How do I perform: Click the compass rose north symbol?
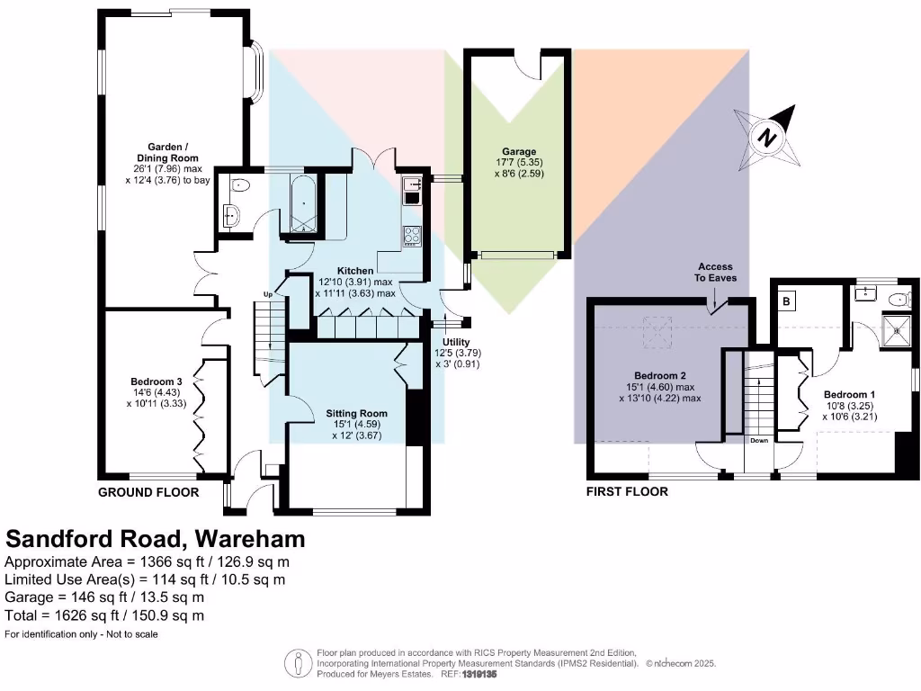(765, 137)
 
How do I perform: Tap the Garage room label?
(520, 152)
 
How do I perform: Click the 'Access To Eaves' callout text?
(716, 273)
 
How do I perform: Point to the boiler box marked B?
(785, 302)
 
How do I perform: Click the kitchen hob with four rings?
(413, 235)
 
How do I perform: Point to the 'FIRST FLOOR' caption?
(627, 492)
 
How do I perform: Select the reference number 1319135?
(479, 674)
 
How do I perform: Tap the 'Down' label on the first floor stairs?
(759, 441)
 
